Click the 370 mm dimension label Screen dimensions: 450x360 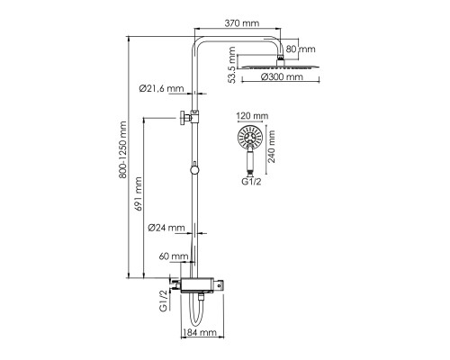tap(242, 23)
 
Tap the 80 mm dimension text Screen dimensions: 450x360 tap(301, 49)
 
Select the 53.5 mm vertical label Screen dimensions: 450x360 tap(231, 65)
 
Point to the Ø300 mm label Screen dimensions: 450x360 tap(282, 77)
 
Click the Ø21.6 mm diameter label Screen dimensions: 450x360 tap(161, 88)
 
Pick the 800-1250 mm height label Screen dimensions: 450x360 tap(122, 150)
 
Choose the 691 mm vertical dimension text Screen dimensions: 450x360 tap(139, 194)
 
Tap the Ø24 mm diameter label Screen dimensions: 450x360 tap(166, 228)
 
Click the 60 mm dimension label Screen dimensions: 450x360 tap(174, 256)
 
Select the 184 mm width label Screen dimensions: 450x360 tap(200, 332)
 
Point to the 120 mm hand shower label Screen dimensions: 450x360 tap(252, 116)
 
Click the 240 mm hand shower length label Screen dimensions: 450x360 tap(272, 147)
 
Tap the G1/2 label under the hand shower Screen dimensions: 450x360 tap(251, 182)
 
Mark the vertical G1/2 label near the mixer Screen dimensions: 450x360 tap(163, 301)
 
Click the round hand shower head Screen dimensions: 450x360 tap(250, 137)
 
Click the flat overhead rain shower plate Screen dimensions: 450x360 tap(281, 67)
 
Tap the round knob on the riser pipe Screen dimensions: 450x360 tap(194, 169)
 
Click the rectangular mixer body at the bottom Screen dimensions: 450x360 tap(197, 284)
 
